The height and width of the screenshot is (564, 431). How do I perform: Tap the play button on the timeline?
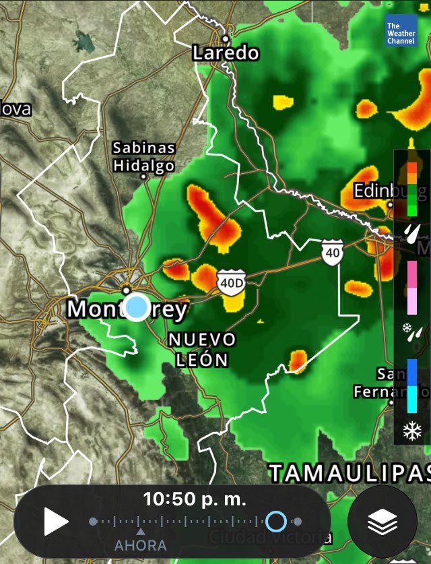(x=57, y=521)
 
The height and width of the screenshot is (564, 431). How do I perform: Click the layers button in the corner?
(x=382, y=521)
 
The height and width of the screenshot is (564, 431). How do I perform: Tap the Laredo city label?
(x=226, y=53)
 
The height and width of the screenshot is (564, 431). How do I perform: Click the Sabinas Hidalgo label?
(x=143, y=156)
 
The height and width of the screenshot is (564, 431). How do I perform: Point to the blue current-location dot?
(x=137, y=307)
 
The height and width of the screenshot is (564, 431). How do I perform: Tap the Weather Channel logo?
(x=401, y=31)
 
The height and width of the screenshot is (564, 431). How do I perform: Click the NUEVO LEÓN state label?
(x=202, y=349)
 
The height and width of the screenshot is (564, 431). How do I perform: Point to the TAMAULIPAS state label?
(x=350, y=472)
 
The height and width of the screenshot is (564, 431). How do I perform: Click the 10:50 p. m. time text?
(x=195, y=499)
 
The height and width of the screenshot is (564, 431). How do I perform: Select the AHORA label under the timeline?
(x=140, y=544)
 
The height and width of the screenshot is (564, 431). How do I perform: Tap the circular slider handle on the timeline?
(x=276, y=521)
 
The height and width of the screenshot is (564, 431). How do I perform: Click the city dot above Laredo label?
(x=226, y=38)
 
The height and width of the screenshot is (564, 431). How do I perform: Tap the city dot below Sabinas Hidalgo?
(x=143, y=177)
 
